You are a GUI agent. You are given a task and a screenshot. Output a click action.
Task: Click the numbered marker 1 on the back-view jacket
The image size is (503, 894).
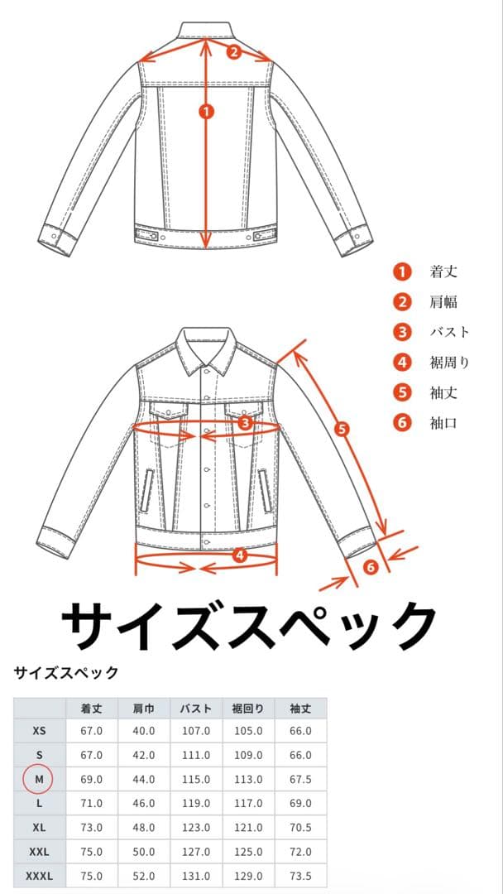(206, 112)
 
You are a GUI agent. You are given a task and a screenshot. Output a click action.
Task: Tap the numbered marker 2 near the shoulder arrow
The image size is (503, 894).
(234, 52)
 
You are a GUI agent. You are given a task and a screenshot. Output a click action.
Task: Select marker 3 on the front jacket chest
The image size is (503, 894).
(246, 422)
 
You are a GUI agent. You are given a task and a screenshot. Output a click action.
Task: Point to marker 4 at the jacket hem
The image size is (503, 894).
(241, 554)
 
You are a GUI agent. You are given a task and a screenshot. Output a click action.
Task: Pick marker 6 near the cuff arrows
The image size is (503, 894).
(371, 567)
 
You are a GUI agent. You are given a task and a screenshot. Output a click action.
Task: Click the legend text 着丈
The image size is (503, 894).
(443, 272)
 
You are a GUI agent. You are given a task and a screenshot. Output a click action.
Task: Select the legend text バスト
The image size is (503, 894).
(450, 332)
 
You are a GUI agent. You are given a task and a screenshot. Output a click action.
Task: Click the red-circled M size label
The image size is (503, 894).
(39, 780)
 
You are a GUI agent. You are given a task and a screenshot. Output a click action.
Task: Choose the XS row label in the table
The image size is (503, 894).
(40, 731)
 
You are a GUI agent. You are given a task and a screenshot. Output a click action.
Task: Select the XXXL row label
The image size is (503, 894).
(40, 876)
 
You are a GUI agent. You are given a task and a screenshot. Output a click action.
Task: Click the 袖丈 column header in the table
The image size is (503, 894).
(300, 709)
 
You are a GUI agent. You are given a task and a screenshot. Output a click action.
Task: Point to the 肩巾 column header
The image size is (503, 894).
(144, 709)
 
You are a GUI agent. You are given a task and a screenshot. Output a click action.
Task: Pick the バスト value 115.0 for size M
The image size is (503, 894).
(197, 780)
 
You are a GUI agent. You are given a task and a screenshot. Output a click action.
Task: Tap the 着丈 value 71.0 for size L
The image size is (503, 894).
(92, 803)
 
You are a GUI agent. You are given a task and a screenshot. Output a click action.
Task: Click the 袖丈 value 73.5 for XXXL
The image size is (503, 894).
(300, 876)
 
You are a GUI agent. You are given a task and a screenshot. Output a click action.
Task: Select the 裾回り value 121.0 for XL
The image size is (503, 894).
(248, 828)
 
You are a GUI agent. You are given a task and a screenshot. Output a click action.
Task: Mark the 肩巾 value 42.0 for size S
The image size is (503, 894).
(144, 756)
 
